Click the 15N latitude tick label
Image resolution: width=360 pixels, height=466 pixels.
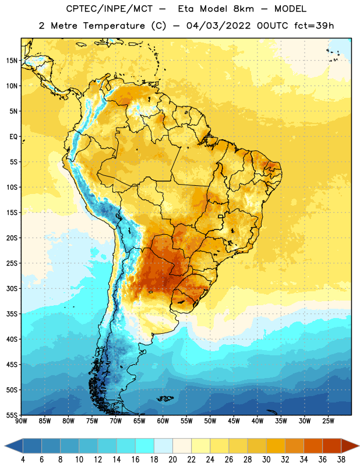(12, 61)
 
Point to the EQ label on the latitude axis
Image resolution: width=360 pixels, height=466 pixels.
(13, 137)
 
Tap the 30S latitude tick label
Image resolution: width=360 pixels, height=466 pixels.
(12, 289)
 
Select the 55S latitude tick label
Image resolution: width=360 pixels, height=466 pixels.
(12, 415)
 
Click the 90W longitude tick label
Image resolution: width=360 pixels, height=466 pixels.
(21, 421)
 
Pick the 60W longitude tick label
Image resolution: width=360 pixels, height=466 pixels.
(163, 421)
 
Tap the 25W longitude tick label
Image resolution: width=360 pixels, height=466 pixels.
(328, 421)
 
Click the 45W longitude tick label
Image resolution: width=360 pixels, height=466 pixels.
(234, 421)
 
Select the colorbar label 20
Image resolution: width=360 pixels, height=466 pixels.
(172, 460)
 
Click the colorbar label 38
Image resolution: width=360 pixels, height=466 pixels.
(341, 460)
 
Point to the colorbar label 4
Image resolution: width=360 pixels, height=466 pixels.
(23, 460)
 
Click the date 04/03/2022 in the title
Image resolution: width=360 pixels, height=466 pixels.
(218, 26)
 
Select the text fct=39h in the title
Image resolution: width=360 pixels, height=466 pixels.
(314, 26)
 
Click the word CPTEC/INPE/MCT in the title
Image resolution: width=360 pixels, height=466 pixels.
(110, 9)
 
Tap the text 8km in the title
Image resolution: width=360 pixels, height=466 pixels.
(243, 9)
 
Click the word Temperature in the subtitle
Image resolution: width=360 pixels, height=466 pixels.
(114, 26)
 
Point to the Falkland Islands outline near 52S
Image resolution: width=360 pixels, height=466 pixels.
(165, 398)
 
